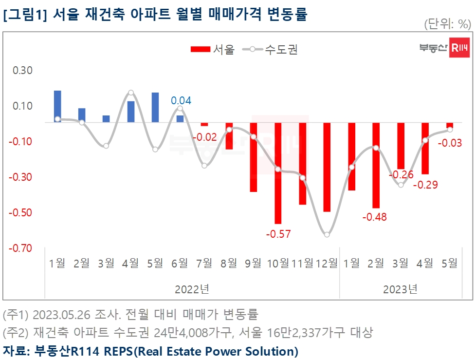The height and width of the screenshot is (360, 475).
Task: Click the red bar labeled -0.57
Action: click(x=278, y=173)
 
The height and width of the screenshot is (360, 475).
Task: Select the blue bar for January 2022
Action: click(x=57, y=106)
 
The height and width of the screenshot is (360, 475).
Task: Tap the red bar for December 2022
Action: click(x=327, y=167)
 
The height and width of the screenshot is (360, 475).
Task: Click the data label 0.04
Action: click(x=181, y=101)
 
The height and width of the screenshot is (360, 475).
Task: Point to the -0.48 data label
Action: click(x=375, y=217)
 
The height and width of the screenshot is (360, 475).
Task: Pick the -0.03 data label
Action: click(x=450, y=143)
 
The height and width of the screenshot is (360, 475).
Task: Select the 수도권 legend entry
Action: click(x=273, y=50)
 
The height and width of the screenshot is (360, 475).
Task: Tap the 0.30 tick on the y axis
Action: click(x=22, y=71)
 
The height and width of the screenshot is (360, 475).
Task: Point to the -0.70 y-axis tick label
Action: click(x=21, y=248)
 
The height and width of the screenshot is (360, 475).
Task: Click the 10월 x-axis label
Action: click(x=278, y=264)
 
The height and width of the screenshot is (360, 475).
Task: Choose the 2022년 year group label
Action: click(x=192, y=289)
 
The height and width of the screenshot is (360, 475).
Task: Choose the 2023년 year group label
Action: click(x=400, y=289)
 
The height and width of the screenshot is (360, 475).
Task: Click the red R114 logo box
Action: click(x=459, y=47)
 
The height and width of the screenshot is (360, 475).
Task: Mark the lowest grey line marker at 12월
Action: click(x=327, y=234)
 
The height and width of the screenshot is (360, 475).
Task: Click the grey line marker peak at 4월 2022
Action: click(x=131, y=92)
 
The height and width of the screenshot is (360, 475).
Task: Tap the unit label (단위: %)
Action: click(x=447, y=23)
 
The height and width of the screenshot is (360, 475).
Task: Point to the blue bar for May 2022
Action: click(x=156, y=107)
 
